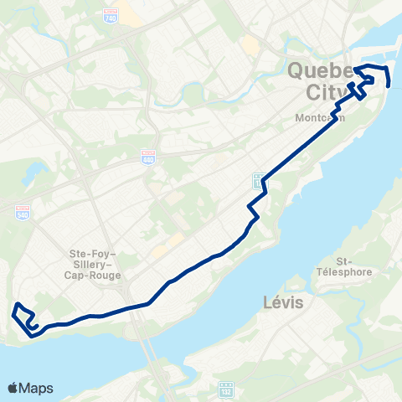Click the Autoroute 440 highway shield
[148, 157]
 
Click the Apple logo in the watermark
[13, 388]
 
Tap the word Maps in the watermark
[37, 388]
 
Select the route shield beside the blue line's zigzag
[259, 178]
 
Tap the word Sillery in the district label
[93, 262]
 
